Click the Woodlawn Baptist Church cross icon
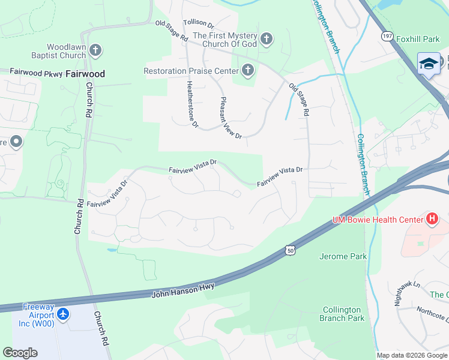[x=95, y=50]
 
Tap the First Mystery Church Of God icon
[x=267, y=40]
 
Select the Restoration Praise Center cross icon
[x=247, y=71]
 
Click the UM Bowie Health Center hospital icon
[x=432, y=220]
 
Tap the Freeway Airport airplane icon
[x=64, y=314]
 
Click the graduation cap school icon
[x=429, y=64]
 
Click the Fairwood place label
[x=85, y=74]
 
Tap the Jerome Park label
[x=342, y=256]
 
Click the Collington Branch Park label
[x=340, y=314]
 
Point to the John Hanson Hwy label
[x=184, y=291]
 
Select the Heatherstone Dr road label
[x=192, y=104]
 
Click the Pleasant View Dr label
[x=231, y=118]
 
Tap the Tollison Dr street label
[x=199, y=23]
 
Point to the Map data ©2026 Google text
[x=411, y=355]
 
